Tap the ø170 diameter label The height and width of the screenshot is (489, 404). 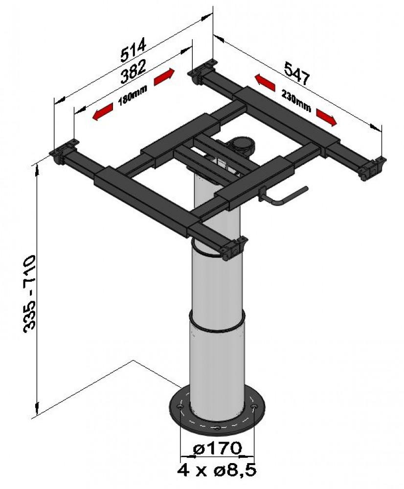tap(218, 447)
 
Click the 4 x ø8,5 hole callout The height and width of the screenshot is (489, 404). tap(216, 470)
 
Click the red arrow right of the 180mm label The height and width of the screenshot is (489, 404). tap(164, 77)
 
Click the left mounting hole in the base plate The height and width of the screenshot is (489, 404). tap(181, 406)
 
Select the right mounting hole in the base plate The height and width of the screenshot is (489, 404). tap(253, 407)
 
